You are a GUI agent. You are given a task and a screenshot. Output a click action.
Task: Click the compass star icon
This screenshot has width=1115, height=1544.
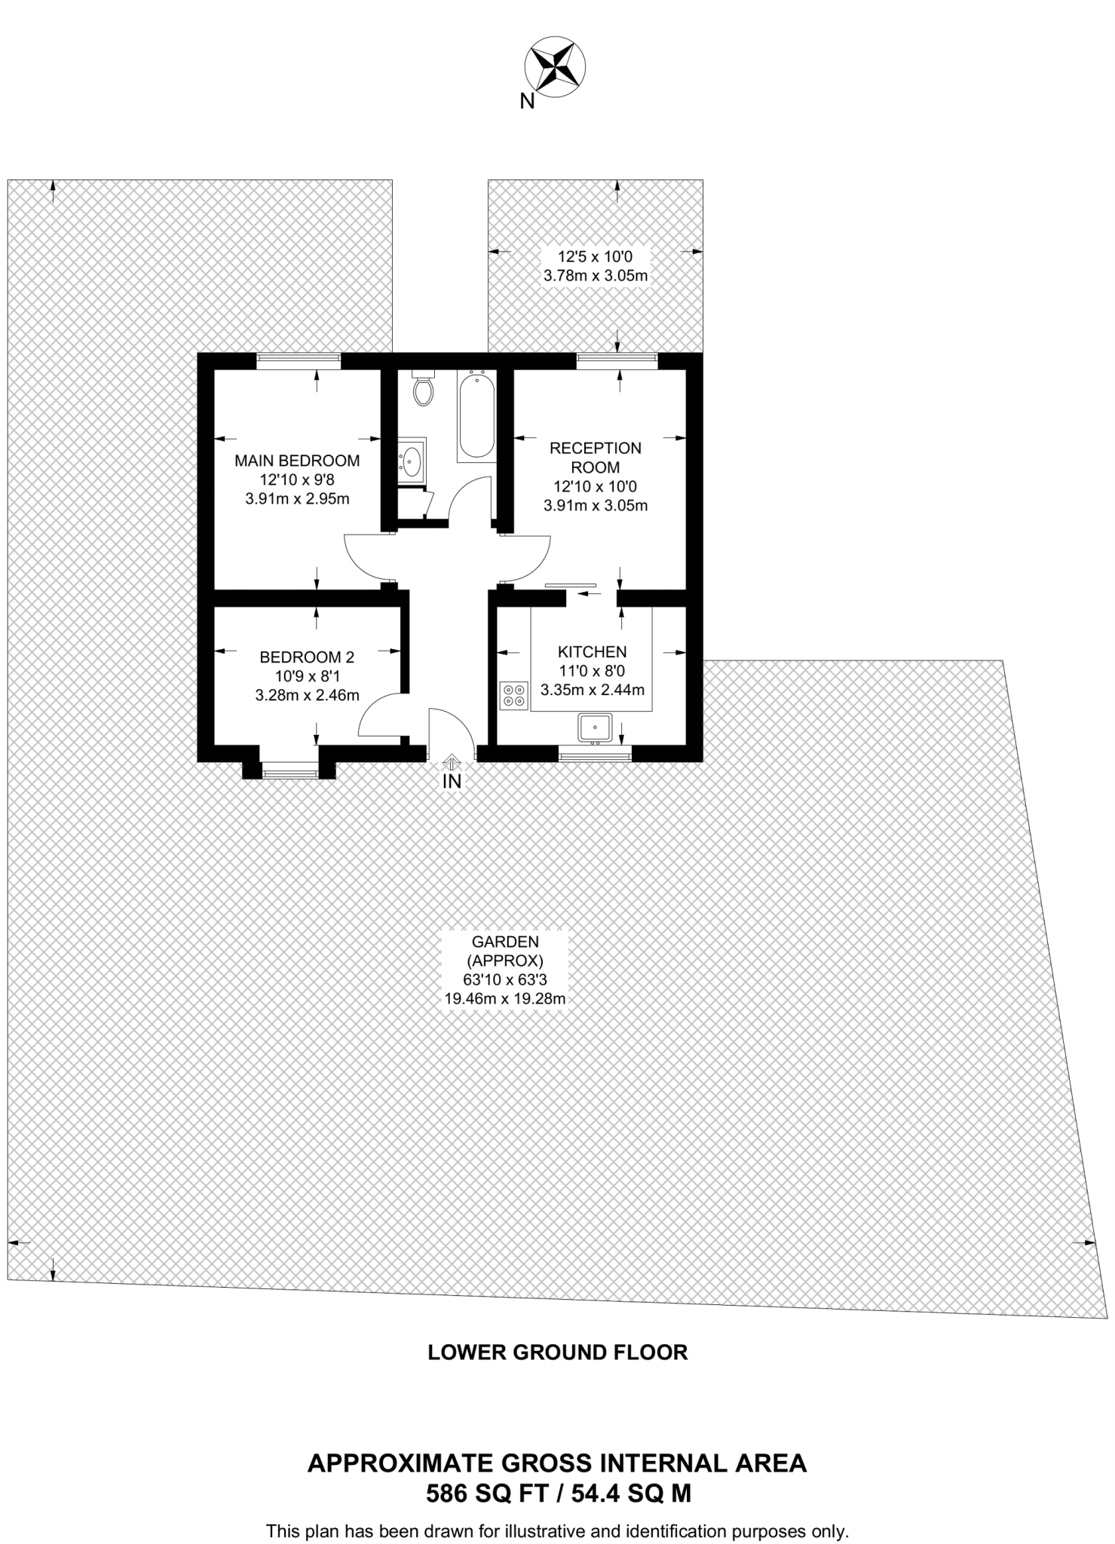click(x=556, y=67)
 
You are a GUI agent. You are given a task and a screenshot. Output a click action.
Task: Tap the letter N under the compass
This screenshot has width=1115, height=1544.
click(x=527, y=101)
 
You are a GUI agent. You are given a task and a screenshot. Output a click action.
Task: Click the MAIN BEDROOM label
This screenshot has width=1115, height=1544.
click(x=297, y=460)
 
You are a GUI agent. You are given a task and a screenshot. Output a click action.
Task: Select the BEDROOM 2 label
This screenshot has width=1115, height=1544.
click(x=307, y=656)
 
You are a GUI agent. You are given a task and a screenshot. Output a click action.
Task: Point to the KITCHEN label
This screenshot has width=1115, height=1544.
click(x=592, y=651)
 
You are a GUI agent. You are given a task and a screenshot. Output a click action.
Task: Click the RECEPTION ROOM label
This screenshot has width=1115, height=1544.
click(x=596, y=458)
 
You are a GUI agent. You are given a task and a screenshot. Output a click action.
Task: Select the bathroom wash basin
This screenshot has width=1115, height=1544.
click(x=412, y=459)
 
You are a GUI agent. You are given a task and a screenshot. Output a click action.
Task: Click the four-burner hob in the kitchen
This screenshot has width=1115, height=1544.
click(x=514, y=694)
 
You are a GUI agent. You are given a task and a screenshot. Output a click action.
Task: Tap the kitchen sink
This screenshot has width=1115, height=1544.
click(x=596, y=728)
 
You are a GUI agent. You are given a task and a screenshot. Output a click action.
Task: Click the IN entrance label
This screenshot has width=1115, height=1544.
click(x=452, y=781)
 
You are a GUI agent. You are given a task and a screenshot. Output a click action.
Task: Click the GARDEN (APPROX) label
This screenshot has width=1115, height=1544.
click(x=504, y=951)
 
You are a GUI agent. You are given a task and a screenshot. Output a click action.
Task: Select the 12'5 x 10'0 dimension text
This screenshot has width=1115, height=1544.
click(x=595, y=256)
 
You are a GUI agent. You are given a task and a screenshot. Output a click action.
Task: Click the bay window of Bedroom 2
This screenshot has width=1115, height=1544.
click(x=289, y=770)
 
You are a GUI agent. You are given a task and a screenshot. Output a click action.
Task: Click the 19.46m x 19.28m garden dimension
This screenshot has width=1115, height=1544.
click(x=504, y=1000)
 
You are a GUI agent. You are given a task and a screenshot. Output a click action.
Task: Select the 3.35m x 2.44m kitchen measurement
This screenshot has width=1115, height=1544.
click(x=592, y=690)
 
